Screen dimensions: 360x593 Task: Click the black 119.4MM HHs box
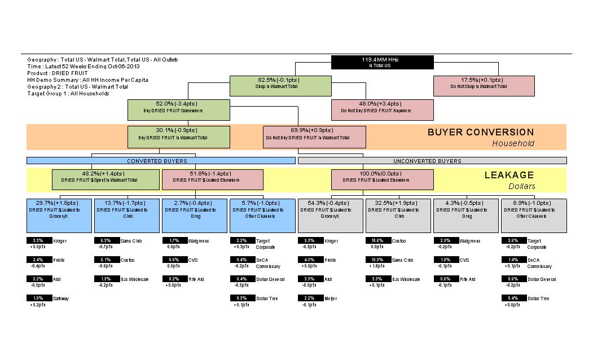click(x=382, y=62)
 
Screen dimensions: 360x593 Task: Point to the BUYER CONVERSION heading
click(x=480, y=133)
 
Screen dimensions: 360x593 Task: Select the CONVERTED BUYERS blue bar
click(x=161, y=161)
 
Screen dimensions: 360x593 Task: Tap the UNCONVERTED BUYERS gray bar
click(x=432, y=161)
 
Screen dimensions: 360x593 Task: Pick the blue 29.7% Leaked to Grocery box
click(x=59, y=215)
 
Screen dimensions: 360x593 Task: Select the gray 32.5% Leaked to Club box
click(x=398, y=215)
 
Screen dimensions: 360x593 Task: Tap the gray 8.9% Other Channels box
click(x=534, y=215)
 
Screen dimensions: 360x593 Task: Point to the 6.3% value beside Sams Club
click(x=105, y=240)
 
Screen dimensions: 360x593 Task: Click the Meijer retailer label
click(x=331, y=298)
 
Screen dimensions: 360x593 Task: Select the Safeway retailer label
click(x=61, y=298)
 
